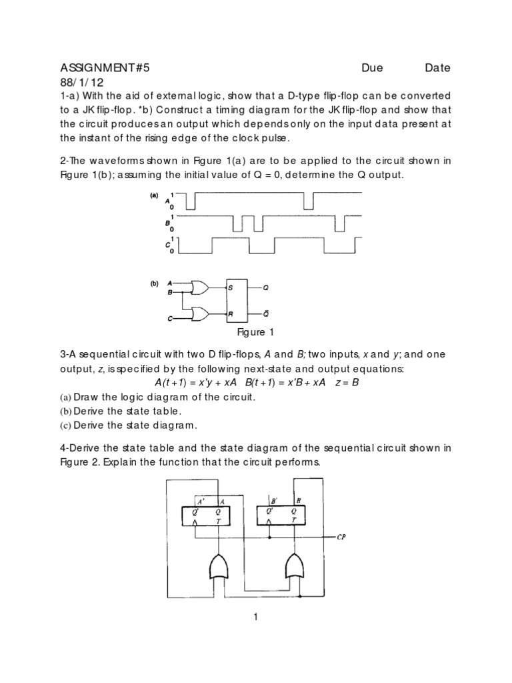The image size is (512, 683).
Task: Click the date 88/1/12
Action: point(82,82)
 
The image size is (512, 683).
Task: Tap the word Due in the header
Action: point(374,67)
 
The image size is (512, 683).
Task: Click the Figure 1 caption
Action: point(256,332)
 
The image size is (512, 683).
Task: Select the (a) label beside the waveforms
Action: point(153,196)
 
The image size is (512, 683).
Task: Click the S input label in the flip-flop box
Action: point(231,288)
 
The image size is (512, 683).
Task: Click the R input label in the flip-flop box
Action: point(231,313)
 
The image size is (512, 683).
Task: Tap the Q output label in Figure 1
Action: point(265,288)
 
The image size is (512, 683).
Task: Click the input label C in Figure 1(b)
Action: point(169,319)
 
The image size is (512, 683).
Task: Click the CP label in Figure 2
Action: point(341,536)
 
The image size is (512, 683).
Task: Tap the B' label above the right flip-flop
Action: point(275,500)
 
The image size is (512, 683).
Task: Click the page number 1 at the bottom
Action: point(255,617)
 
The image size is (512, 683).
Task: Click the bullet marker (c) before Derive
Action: point(65,425)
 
